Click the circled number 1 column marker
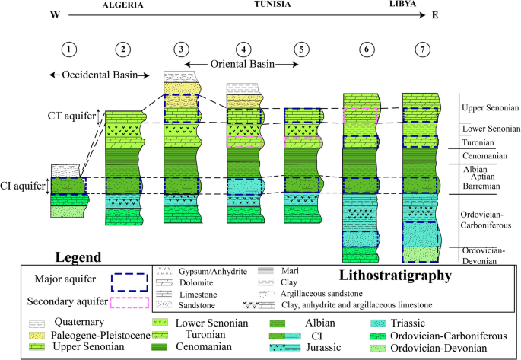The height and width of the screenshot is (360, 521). coord(69,50)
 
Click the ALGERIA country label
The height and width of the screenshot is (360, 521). coord(124,5)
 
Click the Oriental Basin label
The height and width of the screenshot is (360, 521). coord(243,64)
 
